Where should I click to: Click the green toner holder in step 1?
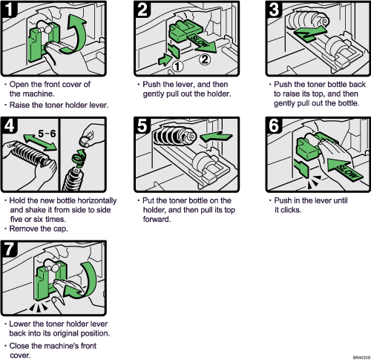pyautogui.click(x=36, y=47)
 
